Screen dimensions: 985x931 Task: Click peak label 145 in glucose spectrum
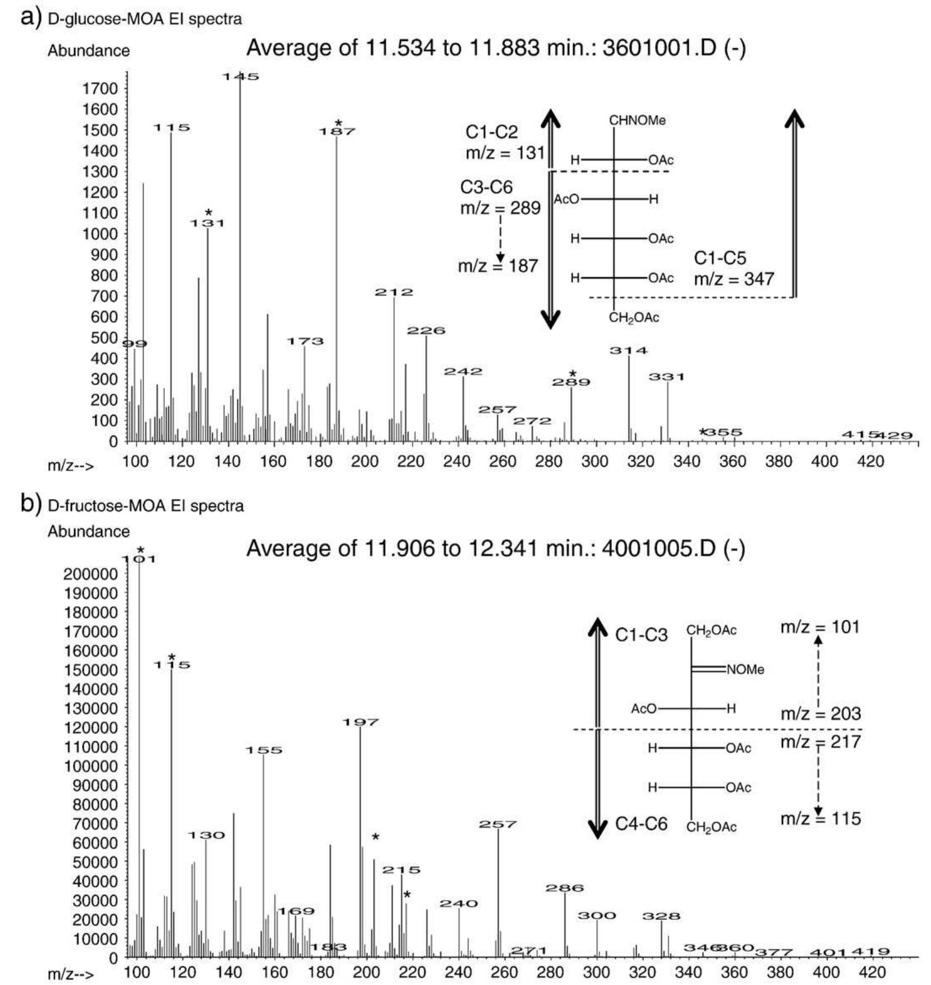[241, 77]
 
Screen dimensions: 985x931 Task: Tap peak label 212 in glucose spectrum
[394, 292]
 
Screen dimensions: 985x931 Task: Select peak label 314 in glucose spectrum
[629, 351]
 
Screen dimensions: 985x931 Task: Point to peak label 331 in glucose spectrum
[667, 377]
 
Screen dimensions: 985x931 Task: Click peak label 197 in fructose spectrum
[361, 722]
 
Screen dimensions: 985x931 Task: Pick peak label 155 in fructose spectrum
[264, 750]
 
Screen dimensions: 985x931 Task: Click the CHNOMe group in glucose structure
[637, 121]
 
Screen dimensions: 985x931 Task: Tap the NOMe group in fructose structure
[745, 670]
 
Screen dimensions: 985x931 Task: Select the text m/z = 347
[734, 279]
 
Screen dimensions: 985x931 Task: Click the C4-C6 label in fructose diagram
[641, 824]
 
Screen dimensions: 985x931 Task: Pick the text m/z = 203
[820, 714]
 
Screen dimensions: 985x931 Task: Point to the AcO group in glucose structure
[566, 199]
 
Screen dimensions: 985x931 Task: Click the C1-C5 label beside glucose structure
[720, 258]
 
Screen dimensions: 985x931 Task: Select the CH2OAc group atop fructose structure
[711, 630]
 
